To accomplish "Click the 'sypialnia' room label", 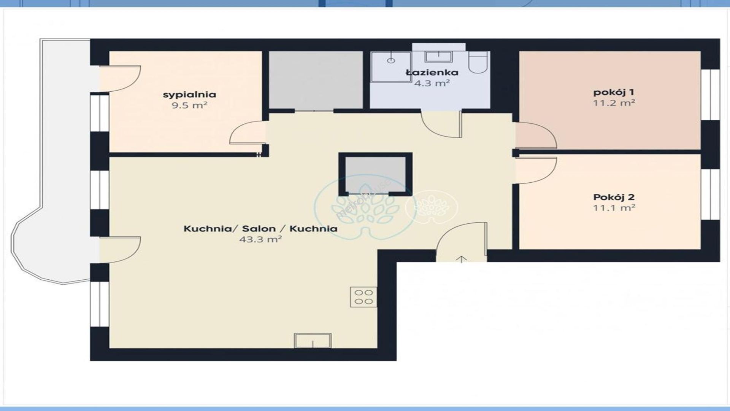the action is point(189,94).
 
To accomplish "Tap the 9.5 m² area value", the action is point(189,105).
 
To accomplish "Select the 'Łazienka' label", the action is point(432,72).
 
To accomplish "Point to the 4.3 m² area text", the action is point(432,83).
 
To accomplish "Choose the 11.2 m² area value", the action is point(614,103).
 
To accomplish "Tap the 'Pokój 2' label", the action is point(614,197).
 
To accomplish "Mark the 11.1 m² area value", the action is point(614,208).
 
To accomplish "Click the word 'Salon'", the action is point(259,229).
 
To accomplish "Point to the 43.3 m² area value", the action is point(260,239).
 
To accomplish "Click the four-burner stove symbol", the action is point(363,297).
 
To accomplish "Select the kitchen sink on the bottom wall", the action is point(313,341).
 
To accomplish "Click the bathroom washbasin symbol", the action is point(439,57).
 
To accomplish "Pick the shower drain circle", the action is point(391,61).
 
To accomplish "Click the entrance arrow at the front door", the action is point(461,259).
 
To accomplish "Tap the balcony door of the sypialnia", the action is point(120,79).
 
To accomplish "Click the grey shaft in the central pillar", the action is point(375,174).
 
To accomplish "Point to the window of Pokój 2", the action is point(706,194).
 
